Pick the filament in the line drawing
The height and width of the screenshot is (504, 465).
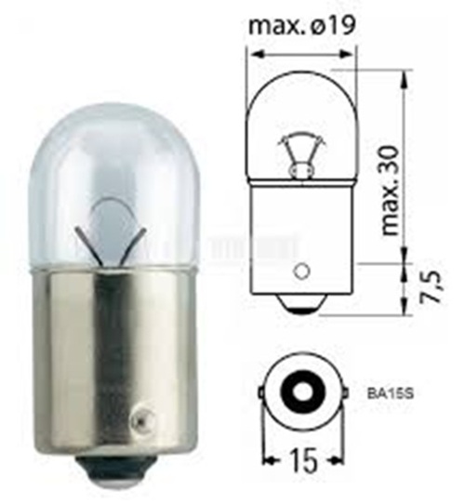[x=299, y=153]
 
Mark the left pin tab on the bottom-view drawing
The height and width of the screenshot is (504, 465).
[x=258, y=393]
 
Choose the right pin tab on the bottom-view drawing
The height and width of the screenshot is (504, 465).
[x=343, y=393]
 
